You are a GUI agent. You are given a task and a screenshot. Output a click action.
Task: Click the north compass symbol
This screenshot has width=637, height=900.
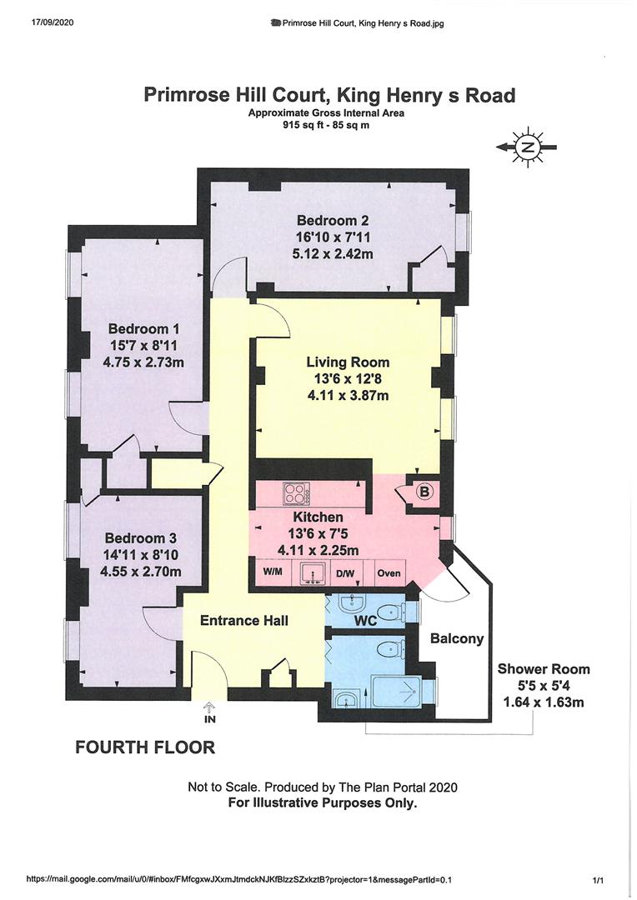526,147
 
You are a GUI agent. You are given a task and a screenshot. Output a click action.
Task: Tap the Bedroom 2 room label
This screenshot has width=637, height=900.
333,220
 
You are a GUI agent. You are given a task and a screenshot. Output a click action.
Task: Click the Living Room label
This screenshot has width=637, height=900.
348,362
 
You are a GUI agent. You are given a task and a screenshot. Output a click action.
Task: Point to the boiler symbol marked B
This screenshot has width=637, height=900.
424,492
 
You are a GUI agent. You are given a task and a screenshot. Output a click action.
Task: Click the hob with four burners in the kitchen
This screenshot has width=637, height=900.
296,493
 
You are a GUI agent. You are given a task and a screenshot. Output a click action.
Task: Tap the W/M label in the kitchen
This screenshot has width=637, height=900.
273,572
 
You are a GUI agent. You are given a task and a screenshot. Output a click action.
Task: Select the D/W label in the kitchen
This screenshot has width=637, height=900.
344,572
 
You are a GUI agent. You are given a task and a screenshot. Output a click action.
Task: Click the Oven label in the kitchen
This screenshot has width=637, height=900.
389,572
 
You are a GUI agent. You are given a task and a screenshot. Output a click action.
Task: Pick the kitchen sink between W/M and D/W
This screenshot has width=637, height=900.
313,572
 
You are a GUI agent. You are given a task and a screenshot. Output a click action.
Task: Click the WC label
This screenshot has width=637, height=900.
365,621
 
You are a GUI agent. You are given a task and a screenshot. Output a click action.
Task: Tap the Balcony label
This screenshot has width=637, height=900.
457,638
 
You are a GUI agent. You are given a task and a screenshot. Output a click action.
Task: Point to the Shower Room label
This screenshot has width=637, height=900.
544,668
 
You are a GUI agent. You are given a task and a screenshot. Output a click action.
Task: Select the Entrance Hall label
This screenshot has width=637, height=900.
244,620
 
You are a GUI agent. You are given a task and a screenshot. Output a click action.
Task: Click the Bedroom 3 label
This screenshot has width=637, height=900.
140,538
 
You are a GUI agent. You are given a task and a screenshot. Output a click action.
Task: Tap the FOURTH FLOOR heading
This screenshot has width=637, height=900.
145,747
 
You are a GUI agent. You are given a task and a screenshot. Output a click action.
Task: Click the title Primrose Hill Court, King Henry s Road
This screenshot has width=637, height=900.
329,95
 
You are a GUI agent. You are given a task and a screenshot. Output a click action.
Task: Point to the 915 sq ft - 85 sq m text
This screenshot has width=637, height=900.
326,124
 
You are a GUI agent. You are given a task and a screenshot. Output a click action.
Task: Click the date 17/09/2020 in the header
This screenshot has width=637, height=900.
50,23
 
